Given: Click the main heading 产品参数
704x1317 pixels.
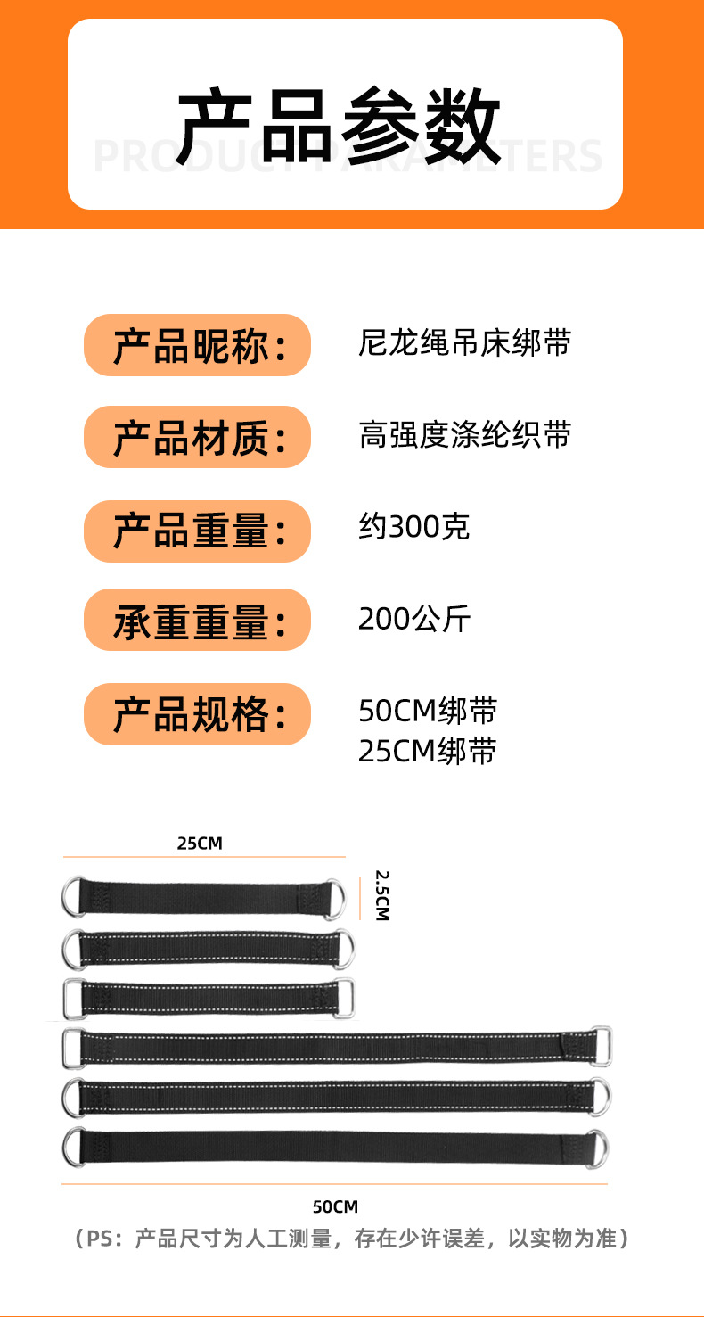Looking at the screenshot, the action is click(339, 127).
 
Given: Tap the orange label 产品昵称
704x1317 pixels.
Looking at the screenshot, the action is click(197, 346).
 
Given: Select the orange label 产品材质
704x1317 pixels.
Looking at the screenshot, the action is click(197, 438).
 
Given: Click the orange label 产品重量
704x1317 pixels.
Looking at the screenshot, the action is click(197, 531).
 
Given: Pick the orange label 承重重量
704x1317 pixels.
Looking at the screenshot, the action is click(197, 621).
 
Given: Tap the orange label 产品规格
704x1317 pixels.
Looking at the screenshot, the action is click(197, 714).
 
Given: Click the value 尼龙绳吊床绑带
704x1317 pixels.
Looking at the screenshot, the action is click(463, 343).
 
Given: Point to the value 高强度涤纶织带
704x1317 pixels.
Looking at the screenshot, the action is click(463, 435).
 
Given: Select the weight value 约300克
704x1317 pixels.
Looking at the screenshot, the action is click(413, 528).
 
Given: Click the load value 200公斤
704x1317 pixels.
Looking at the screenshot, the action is click(413, 618).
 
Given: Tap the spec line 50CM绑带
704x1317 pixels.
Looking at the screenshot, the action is click(427, 712).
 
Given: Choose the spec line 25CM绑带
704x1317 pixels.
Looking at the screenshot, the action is click(427, 752).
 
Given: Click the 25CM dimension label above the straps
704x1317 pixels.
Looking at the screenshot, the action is click(200, 843).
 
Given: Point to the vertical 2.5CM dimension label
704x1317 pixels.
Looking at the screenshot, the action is click(381, 895).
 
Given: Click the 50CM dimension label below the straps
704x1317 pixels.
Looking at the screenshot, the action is click(335, 1206).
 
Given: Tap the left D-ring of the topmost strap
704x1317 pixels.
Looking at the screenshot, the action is click(72, 897).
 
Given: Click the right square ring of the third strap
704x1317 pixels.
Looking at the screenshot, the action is click(345, 999).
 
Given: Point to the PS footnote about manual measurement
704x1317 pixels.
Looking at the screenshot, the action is click(352, 1239).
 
